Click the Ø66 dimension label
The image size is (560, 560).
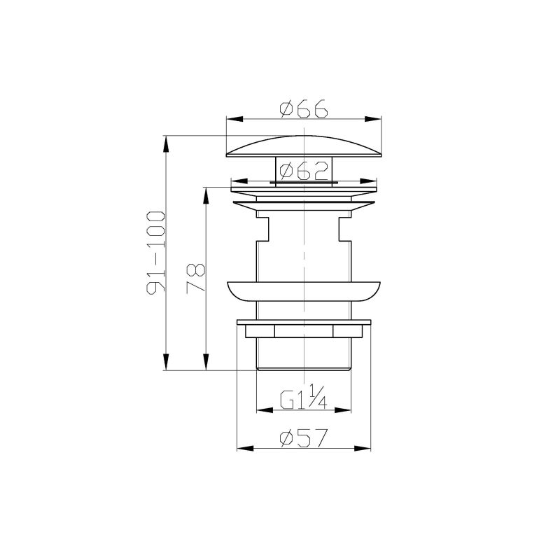pos(304,109)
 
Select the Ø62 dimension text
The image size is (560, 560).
pos(304,170)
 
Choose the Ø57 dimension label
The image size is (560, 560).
pos(304,438)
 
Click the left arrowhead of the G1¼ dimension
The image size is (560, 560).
pos(262,409)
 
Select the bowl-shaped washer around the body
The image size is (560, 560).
pos(304,290)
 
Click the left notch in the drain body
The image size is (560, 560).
pos(264,228)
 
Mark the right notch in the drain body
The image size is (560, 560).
pos(344,228)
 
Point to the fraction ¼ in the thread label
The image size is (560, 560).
pos(317,399)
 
